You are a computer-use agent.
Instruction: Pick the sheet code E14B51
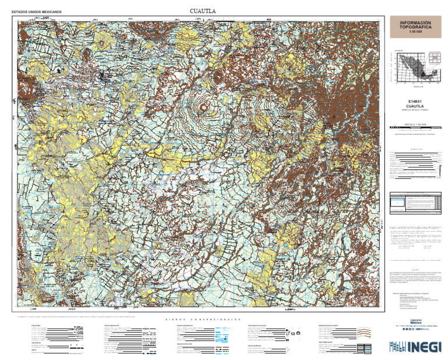pyautogui.click(x=416, y=101)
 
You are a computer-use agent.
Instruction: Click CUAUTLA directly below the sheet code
pyautogui.click(x=416, y=106)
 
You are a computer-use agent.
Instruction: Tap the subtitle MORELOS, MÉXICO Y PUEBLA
pyautogui.click(x=416, y=110)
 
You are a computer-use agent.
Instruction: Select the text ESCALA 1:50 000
pyautogui.click(x=416, y=123)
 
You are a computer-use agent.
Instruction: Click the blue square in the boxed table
pyautogui.click(x=397, y=202)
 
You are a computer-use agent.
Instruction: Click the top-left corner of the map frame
pyautogui.click(x=17, y=22)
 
